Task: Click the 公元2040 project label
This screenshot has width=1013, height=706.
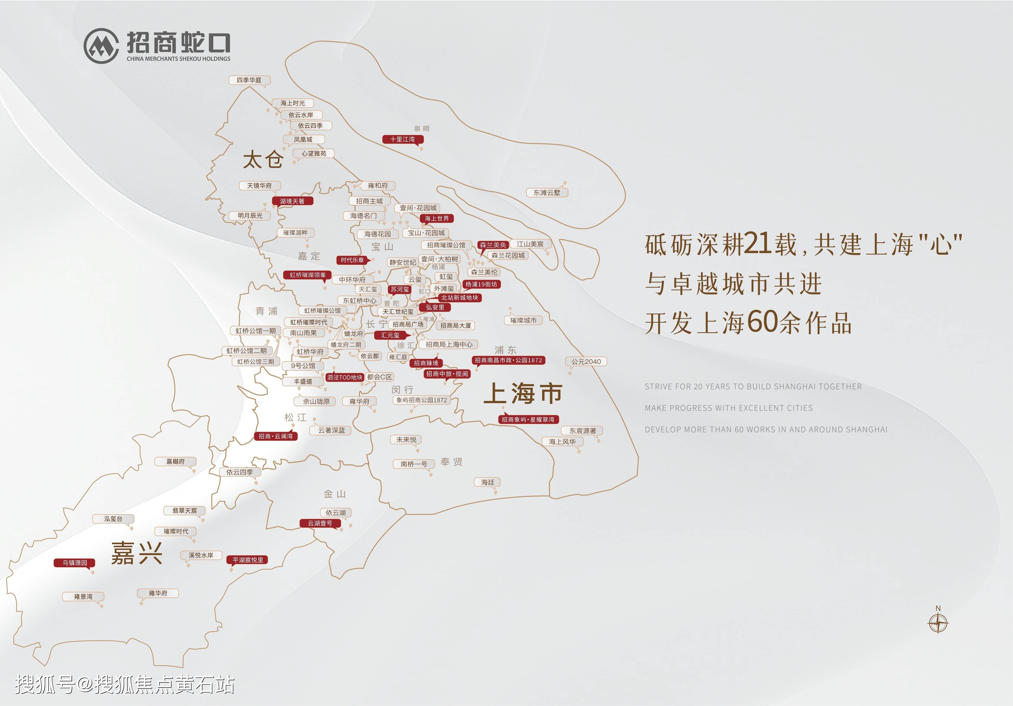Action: pos(586,362)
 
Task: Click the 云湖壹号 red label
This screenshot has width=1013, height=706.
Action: pos(320,523)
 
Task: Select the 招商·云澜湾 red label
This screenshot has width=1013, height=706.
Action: pos(275,436)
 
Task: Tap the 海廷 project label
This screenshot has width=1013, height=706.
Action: pos(488,482)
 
